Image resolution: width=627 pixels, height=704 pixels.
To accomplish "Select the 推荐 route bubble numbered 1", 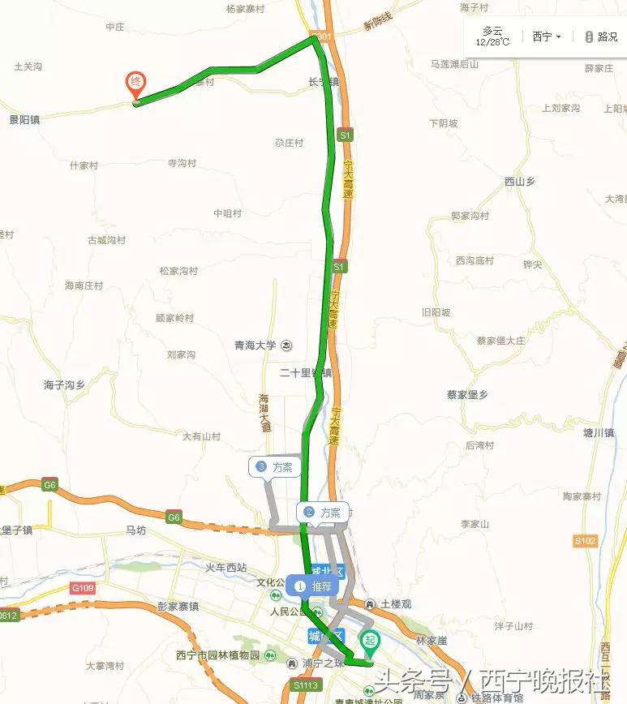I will (x=313, y=585).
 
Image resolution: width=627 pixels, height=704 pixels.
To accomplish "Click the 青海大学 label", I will (x=256, y=345).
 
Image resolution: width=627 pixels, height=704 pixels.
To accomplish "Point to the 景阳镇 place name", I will (x=24, y=118).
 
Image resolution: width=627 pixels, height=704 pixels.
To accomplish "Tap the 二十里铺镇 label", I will (x=305, y=373).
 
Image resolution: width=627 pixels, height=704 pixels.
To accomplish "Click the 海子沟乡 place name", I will (x=64, y=384).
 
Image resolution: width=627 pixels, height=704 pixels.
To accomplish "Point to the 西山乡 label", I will (x=520, y=182).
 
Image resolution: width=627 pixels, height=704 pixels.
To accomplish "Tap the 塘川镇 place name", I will (x=599, y=433).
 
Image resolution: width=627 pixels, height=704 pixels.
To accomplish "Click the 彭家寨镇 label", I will (x=178, y=606).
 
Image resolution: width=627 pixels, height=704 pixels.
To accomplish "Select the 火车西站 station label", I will (x=225, y=568).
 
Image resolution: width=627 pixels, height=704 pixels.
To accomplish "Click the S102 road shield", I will (x=585, y=540).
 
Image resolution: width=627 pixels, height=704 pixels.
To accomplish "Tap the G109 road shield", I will (x=82, y=587).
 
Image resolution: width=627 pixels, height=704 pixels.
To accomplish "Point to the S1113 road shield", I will (x=305, y=685).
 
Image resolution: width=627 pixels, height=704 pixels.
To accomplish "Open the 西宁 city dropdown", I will (x=547, y=36).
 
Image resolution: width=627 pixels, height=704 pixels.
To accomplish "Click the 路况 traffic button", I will (x=601, y=36).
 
